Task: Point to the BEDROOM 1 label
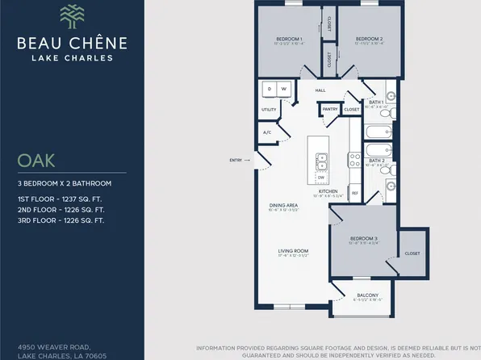coord(289,38)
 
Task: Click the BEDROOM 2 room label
coord(369,38)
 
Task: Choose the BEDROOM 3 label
coord(364,238)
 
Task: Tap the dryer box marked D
coord(268,89)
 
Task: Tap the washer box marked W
coord(283,89)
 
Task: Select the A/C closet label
coord(266,132)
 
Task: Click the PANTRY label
coord(329,108)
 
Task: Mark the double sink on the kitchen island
coord(321,161)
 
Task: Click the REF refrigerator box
coord(354,193)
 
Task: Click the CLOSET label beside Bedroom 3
coord(412,253)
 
